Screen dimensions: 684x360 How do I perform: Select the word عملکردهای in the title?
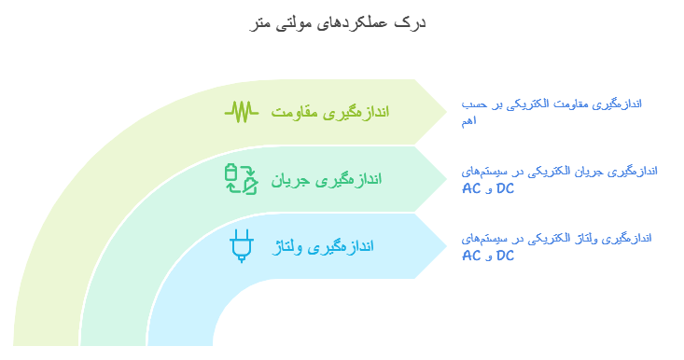pos(352,22)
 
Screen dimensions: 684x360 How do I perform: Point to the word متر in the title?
pos(260,23)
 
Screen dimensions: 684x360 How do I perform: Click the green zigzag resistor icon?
pos(242,112)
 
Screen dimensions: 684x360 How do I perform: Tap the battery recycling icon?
pos(242,179)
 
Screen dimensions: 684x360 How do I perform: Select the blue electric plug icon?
pos(242,246)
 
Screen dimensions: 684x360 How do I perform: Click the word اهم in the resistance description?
pos(469,121)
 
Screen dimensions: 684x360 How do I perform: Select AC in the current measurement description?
pos(471,189)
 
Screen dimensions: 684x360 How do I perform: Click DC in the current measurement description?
pos(505,188)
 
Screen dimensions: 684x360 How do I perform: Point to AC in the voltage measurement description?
pos(471,256)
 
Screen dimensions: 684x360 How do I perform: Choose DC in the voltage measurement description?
pos(505,256)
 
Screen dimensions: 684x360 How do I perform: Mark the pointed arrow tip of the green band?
pos(447,112)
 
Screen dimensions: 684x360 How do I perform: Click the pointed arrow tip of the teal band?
pos(447,179)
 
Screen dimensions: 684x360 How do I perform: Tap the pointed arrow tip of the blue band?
pos(447,246)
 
